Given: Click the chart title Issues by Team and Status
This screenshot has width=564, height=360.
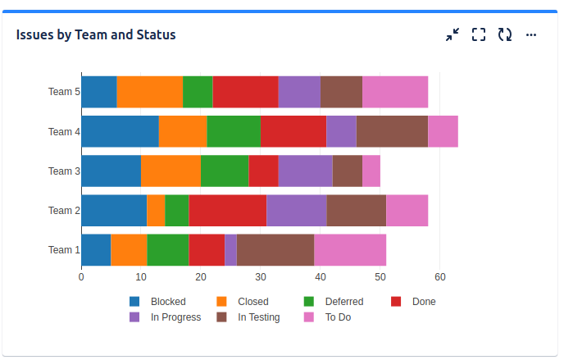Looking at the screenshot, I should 96,34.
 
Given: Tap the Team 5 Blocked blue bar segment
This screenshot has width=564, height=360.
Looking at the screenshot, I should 99,92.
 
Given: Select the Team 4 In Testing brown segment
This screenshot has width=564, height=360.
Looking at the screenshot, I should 392,131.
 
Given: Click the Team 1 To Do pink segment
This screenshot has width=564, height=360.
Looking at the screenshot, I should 350,249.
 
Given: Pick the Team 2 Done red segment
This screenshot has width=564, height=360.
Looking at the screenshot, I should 228,210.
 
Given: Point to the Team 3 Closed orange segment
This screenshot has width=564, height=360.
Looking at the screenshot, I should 171,171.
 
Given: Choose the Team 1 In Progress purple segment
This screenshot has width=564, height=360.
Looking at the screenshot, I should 231,249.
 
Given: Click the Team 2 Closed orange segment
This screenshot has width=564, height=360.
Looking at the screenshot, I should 156,210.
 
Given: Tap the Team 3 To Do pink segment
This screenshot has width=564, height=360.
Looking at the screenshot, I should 371,171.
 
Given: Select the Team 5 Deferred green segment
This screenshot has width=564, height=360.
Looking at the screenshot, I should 198,92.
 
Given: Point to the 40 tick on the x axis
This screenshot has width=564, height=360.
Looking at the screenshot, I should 321,277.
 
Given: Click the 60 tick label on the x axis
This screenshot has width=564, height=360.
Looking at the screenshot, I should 440,277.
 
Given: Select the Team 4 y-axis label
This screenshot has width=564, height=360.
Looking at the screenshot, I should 64,132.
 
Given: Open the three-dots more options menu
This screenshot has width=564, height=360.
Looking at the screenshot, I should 531,34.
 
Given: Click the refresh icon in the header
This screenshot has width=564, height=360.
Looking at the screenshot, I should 505,34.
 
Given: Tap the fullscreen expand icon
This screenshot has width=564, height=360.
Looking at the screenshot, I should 479,34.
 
